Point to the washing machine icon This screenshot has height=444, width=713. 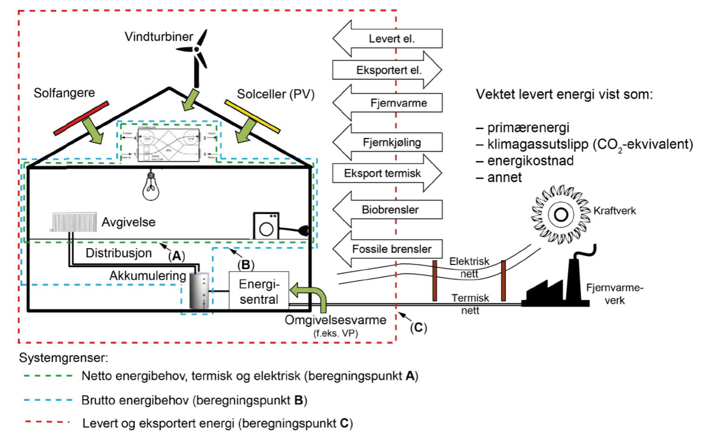point(266,226)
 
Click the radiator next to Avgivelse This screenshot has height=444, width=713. point(74,222)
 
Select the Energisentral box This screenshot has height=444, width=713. point(259,291)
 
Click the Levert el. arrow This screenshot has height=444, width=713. point(387,38)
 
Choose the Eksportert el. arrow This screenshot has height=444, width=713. point(387,70)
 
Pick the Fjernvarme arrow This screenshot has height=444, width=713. point(387,103)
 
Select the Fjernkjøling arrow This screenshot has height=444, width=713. point(387,142)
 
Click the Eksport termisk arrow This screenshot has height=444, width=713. point(387,173)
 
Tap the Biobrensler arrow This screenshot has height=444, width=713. point(387,210)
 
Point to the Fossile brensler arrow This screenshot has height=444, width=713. point(387,249)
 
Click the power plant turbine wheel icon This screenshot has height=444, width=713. point(561,214)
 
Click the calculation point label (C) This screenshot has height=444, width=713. point(418,327)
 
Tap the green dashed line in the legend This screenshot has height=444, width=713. point(48,376)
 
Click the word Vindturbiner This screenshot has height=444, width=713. point(159,37)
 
